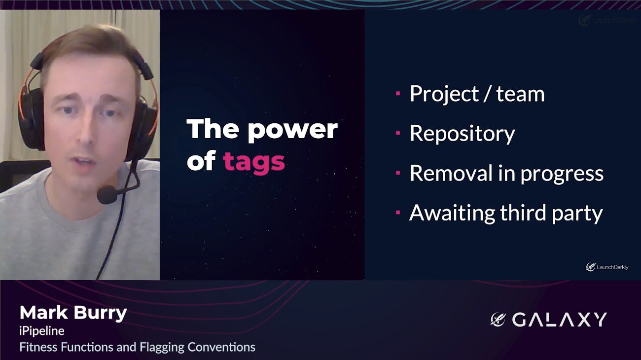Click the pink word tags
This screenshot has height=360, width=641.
coord(254,162)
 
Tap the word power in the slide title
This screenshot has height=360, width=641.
coord(292,130)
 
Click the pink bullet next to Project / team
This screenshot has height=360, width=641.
coord(398,93)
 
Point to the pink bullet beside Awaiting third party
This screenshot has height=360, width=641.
coord(398,213)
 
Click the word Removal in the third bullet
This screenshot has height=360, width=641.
coord(451,173)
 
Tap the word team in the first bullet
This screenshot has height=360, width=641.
coord(521,94)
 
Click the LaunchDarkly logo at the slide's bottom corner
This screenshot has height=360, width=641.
coord(607,267)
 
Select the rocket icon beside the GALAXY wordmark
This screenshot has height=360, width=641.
coord(498,320)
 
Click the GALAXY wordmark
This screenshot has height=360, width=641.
coord(560,320)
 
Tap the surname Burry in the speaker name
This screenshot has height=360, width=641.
coord(100,314)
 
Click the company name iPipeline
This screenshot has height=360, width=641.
coord(42,331)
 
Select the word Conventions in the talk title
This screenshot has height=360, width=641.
coord(221,347)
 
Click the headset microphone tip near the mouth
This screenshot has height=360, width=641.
coord(107,195)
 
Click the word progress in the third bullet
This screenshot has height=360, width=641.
coord(562,175)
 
